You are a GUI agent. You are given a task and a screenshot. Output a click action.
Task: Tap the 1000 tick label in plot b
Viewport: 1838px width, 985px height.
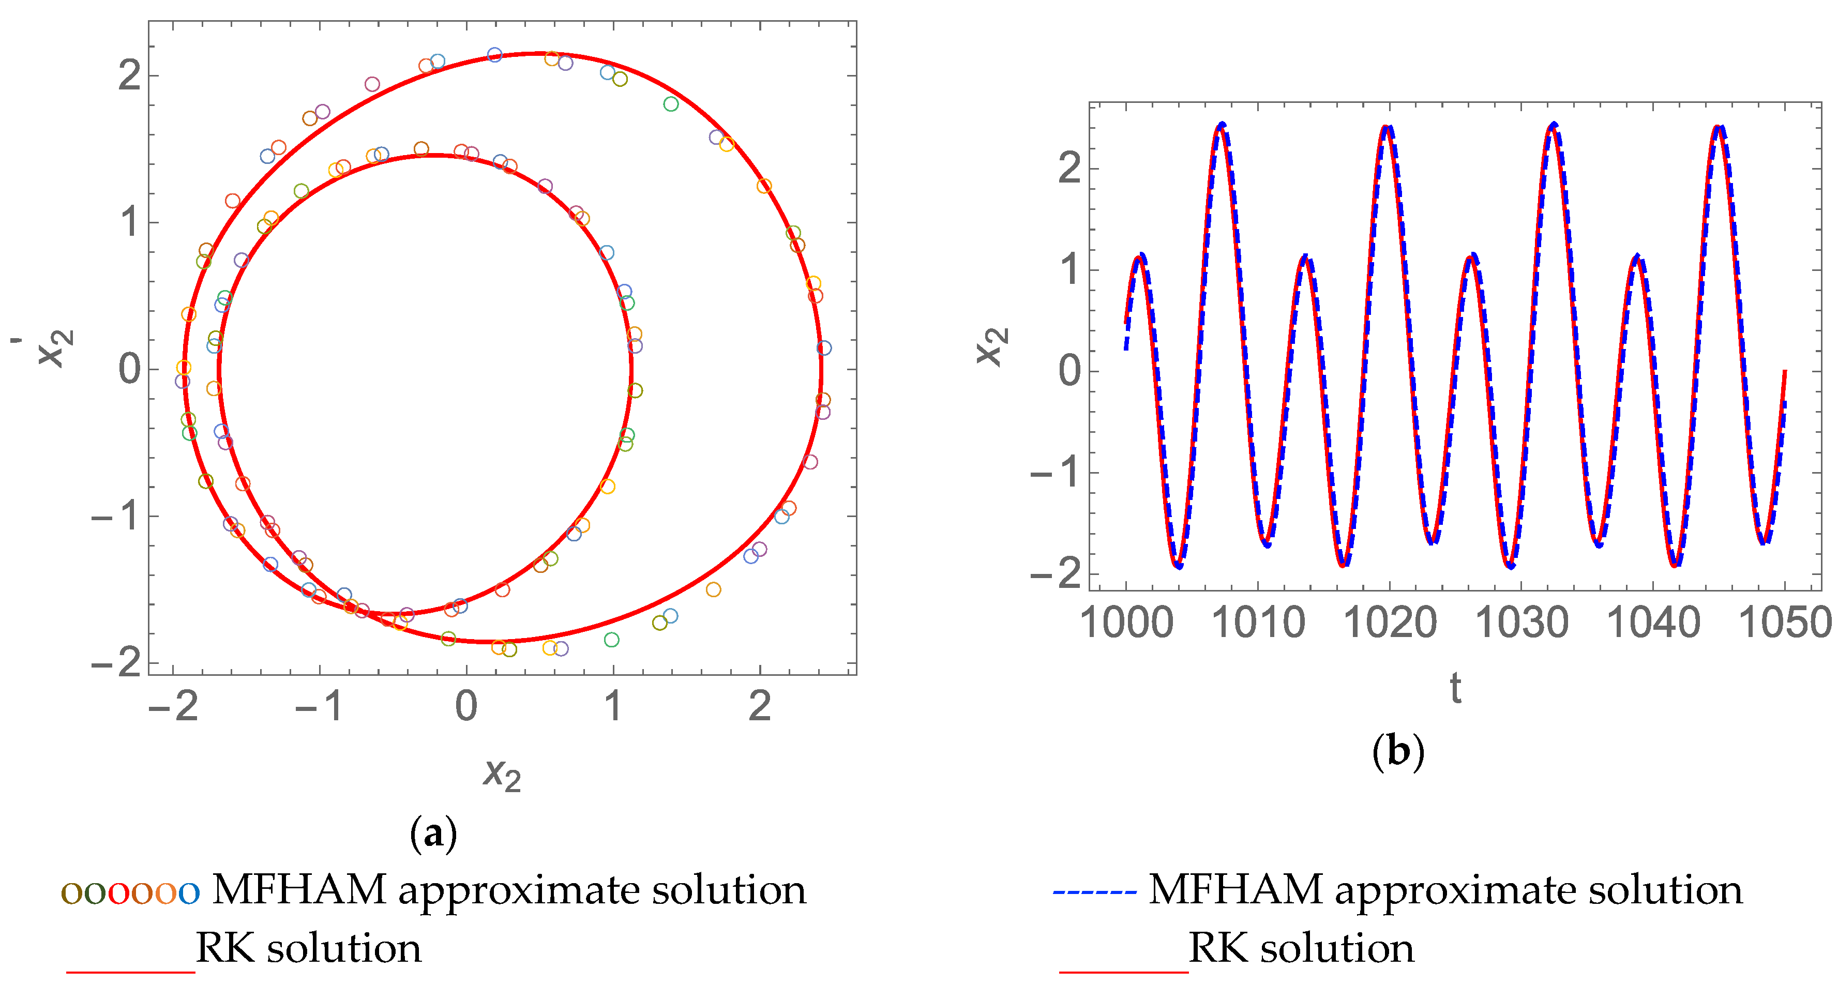[1126, 623]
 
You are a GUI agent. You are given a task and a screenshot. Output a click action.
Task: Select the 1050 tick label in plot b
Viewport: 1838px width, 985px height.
[1785, 623]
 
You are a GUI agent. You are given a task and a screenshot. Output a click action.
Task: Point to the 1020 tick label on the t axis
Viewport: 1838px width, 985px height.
[1390, 623]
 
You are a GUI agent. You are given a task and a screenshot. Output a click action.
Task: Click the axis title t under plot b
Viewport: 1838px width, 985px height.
[1456, 688]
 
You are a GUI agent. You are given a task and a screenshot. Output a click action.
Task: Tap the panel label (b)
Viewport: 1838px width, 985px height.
[1398, 751]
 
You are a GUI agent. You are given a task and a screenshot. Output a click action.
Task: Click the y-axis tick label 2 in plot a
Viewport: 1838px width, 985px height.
[130, 75]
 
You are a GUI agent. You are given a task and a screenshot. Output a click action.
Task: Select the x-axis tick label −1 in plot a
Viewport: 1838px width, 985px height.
[319, 706]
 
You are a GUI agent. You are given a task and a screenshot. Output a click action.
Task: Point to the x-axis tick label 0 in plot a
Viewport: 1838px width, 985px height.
[466, 706]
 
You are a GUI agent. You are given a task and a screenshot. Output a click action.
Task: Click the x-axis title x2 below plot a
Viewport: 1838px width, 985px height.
[502, 775]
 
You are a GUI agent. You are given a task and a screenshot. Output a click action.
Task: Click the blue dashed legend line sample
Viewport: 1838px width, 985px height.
[1094, 891]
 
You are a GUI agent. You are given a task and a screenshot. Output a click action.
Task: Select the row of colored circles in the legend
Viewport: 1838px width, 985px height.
[130, 891]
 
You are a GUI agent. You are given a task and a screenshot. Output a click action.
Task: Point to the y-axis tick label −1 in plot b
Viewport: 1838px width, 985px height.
[1057, 472]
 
